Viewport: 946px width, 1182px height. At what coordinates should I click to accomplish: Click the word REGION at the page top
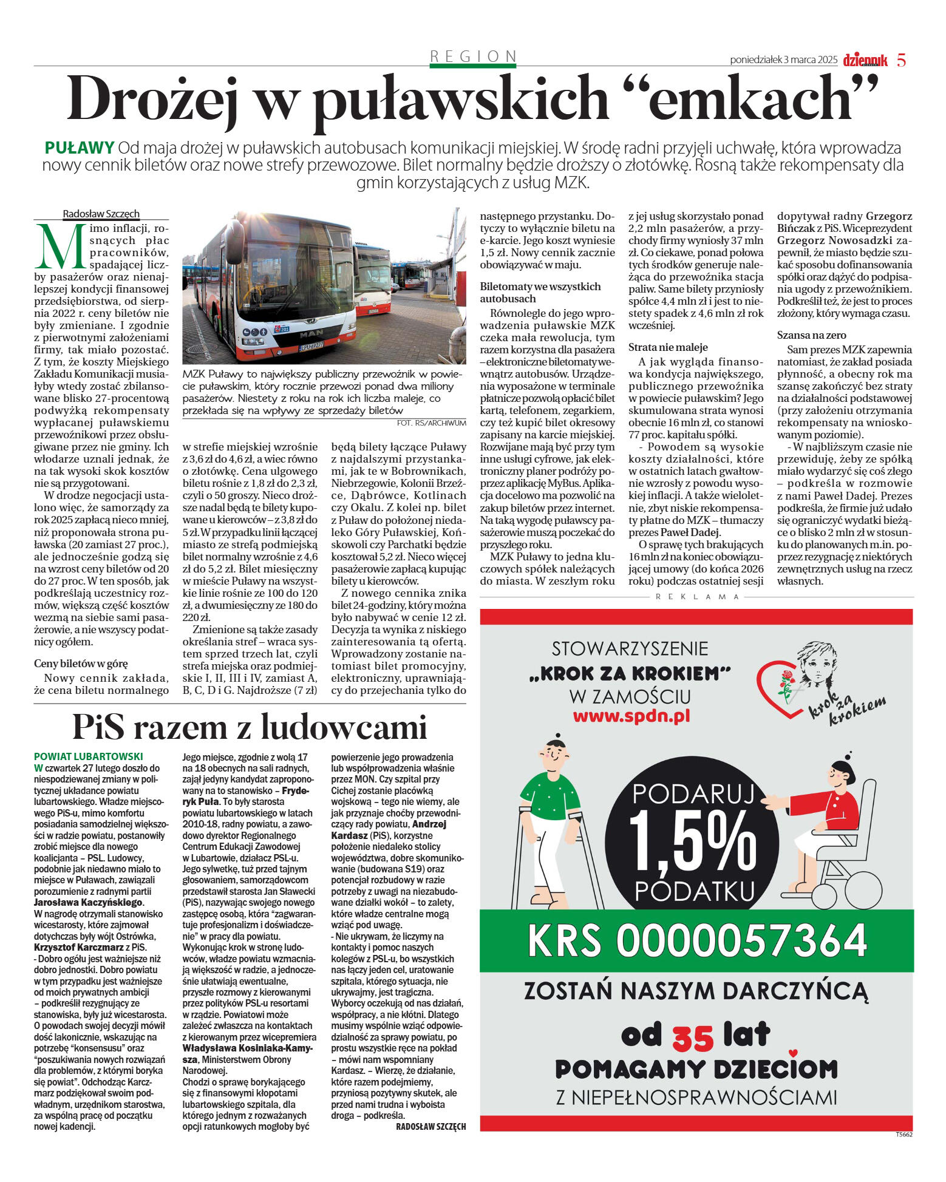[473, 56]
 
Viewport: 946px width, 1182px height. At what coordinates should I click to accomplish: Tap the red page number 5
[901, 60]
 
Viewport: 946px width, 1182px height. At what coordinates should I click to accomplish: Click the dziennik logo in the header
[865, 60]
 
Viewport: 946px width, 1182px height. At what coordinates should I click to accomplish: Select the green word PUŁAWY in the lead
[80, 148]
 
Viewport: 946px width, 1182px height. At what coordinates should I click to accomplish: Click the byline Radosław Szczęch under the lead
[101, 214]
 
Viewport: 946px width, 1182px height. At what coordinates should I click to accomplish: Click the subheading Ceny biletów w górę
[81, 664]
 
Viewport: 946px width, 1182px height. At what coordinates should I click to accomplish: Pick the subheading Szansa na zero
[811, 335]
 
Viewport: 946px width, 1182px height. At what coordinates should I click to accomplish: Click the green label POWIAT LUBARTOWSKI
[89, 756]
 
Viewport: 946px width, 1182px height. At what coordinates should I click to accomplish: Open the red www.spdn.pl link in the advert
[631, 716]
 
